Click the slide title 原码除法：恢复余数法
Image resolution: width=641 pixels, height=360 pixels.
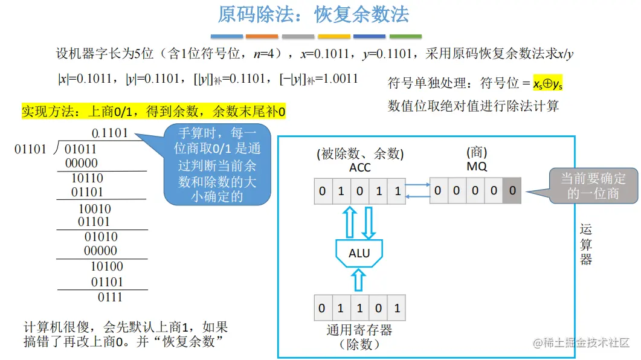point(313,14)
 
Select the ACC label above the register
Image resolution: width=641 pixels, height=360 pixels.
point(360,167)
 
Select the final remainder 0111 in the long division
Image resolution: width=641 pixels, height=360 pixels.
point(110,297)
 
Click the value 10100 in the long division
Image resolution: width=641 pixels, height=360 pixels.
point(106,267)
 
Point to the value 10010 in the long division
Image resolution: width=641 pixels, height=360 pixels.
point(95,209)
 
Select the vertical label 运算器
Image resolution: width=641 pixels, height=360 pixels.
point(586,244)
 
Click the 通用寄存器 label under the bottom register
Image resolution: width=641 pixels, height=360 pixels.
point(359,330)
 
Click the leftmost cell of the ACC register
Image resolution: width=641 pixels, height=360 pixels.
point(322,191)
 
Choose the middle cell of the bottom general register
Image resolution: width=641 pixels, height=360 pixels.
point(359,308)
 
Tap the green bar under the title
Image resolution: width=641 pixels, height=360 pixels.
point(405,36)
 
